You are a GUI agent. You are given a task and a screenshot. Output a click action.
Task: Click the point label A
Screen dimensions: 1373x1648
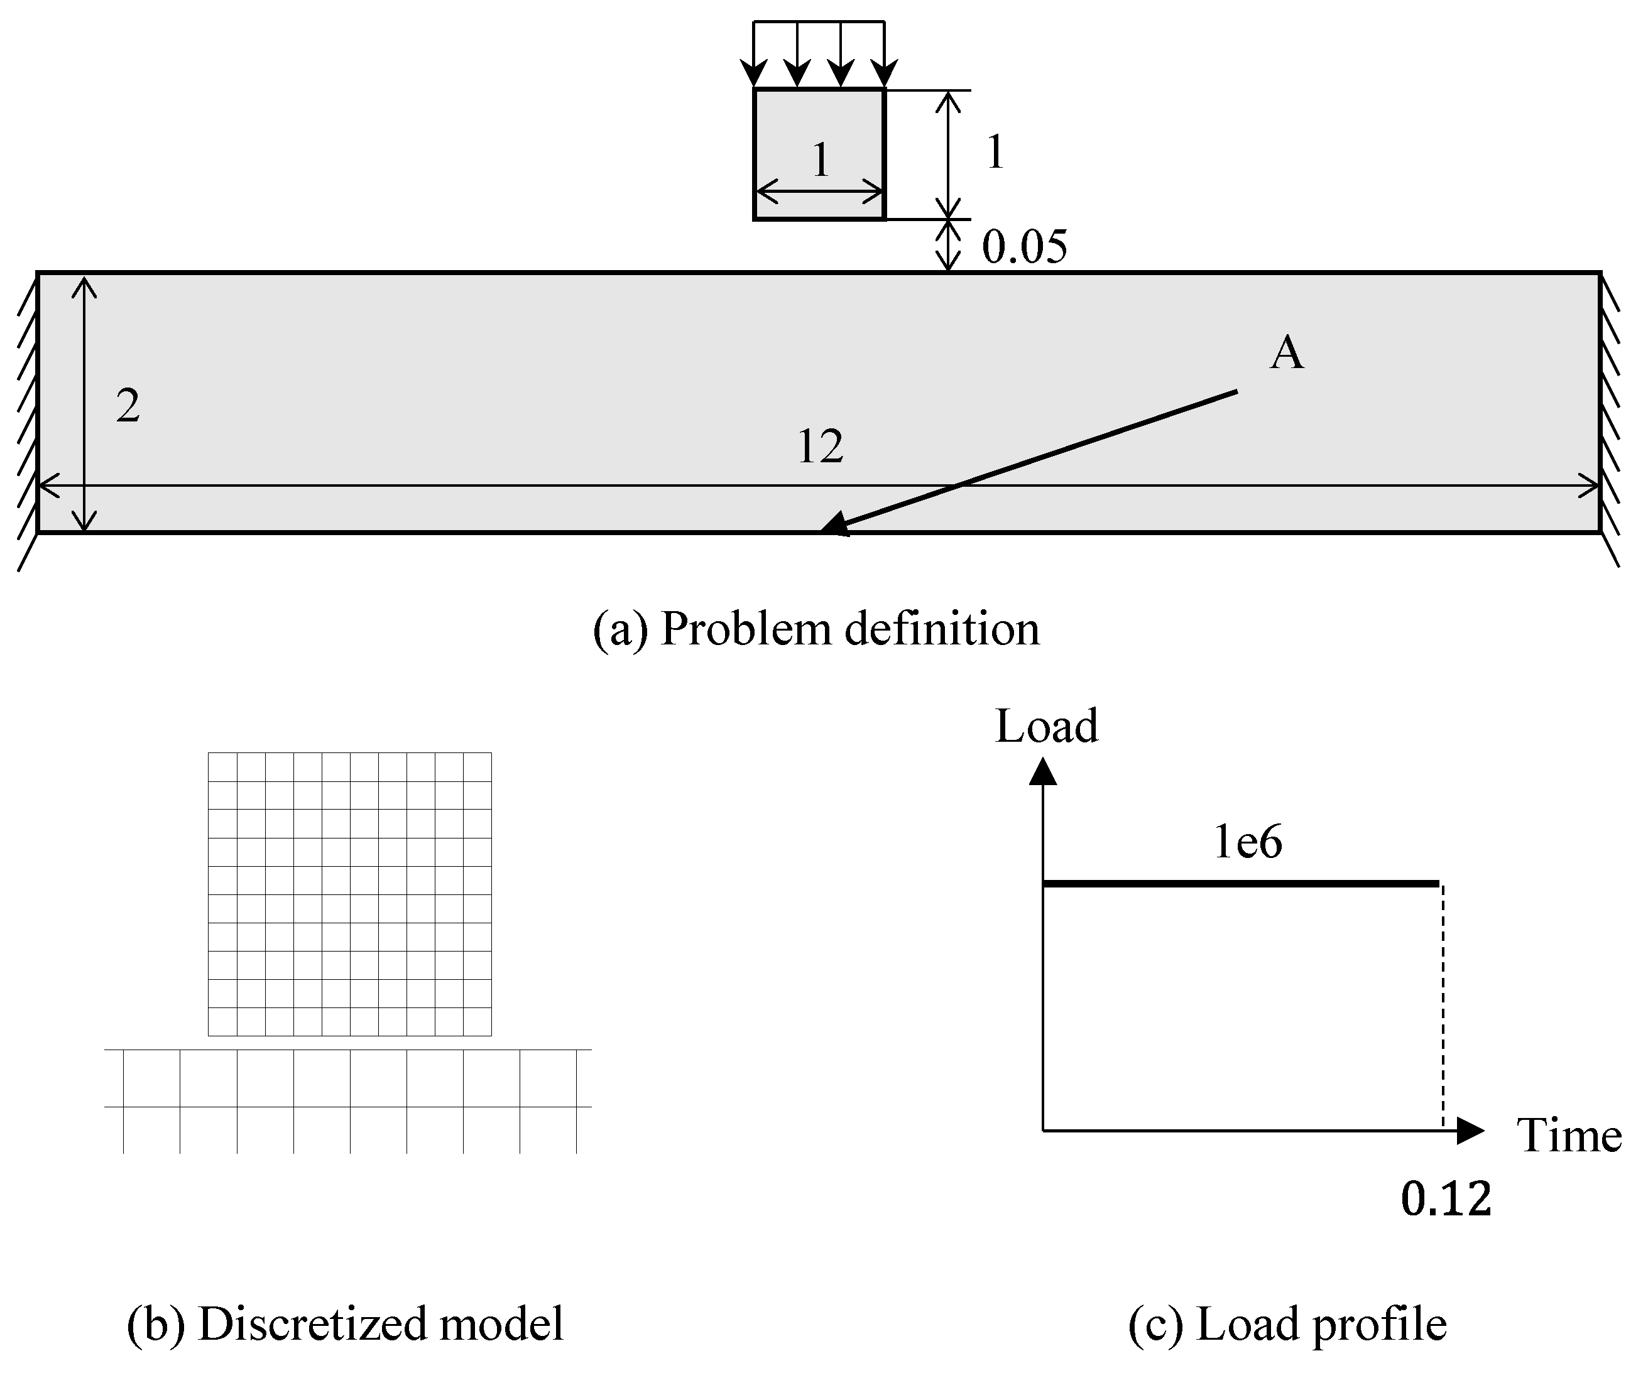pyautogui.click(x=1286, y=353)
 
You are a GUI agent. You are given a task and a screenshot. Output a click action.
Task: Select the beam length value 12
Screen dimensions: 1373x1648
pyautogui.click(x=820, y=447)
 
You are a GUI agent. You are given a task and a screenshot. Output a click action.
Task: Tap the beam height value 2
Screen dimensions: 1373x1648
pyautogui.click(x=128, y=406)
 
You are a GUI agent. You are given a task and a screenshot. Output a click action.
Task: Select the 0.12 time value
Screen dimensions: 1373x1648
pyautogui.click(x=1446, y=1200)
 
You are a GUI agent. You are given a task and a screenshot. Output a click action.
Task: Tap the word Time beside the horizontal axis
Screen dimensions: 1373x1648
pyautogui.click(x=1569, y=1136)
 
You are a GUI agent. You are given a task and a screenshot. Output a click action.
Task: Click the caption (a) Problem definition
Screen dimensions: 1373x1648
pyautogui.click(x=816, y=629)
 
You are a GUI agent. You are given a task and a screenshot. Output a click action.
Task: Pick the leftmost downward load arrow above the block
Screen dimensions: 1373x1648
pyautogui.click(x=754, y=55)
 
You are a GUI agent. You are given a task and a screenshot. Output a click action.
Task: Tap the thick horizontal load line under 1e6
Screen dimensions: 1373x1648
pyautogui.click(x=1240, y=884)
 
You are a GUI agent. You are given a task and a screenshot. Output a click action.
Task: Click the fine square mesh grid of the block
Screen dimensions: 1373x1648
pyautogui.click(x=350, y=894)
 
